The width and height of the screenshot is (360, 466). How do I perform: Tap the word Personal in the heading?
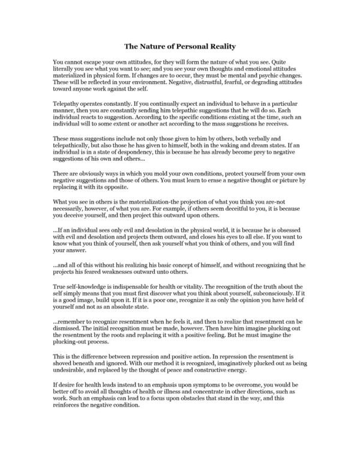[179, 45]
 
